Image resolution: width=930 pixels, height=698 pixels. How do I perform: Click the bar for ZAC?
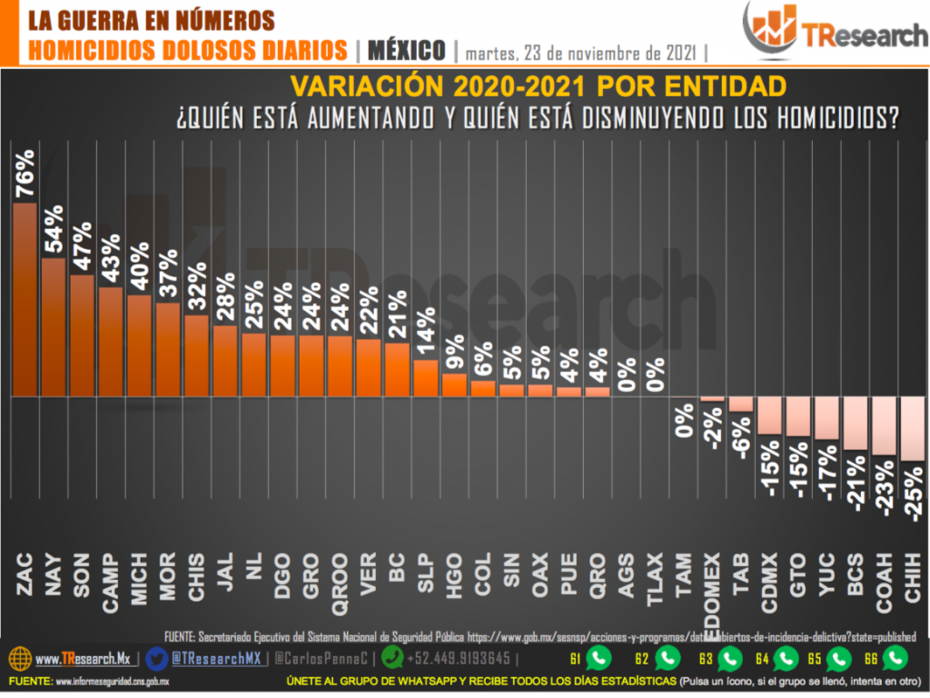(25, 300)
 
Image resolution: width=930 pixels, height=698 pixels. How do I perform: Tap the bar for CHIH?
(914, 429)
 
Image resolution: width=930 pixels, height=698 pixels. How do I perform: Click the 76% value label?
(25, 173)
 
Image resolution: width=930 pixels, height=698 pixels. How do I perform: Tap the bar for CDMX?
(770, 416)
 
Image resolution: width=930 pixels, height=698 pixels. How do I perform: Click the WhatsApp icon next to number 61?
(599, 657)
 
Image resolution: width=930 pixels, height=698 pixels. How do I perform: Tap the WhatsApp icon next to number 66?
(895, 657)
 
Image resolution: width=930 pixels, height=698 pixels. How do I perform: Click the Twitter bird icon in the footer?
(156, 658)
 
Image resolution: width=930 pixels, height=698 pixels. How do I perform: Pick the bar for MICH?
(141, 346)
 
